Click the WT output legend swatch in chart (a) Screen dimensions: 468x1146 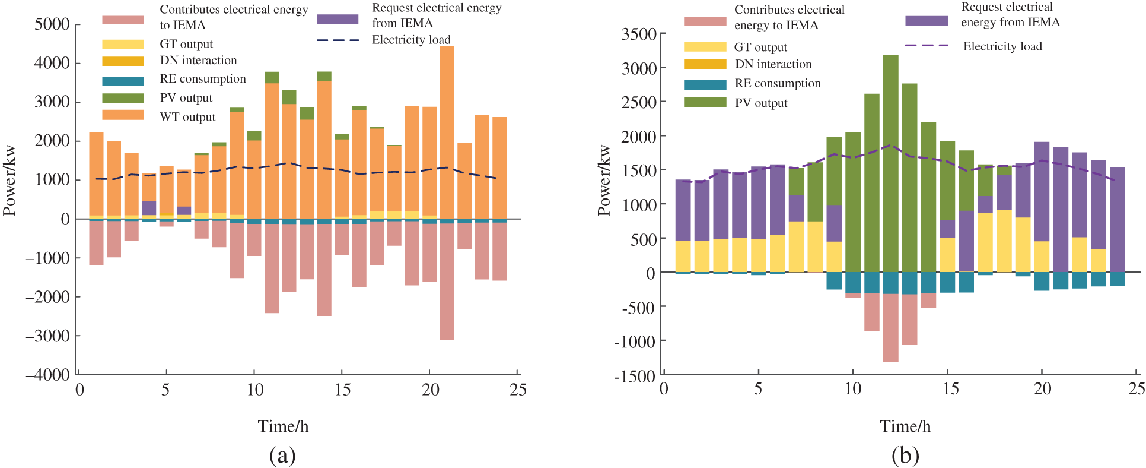(x=123, y=115)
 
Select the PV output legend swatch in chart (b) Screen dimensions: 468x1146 (x=705, y=103)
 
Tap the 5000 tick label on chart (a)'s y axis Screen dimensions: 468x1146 (x=52, y=24)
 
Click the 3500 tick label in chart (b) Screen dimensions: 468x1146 (x=639, y=34)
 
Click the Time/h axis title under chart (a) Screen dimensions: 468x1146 (x=283, y=426)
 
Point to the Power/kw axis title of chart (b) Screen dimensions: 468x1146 (x=604, y=181)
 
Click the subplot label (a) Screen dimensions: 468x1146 (x=282, y=456)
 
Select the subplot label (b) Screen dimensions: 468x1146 (x=905, y=456)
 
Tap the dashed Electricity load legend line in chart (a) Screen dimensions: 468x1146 (x=338, y=40)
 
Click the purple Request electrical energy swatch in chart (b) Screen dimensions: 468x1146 (x=926, y=21)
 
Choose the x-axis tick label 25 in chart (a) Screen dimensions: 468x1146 (x=518, y=390)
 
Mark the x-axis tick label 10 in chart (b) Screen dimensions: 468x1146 (x=852, y=389)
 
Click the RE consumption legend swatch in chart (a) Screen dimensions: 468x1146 (x=123, y=81)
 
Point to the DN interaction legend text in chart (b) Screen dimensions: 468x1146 (x=773, y=64)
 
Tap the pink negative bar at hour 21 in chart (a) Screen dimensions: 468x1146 (x=447, y=282)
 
